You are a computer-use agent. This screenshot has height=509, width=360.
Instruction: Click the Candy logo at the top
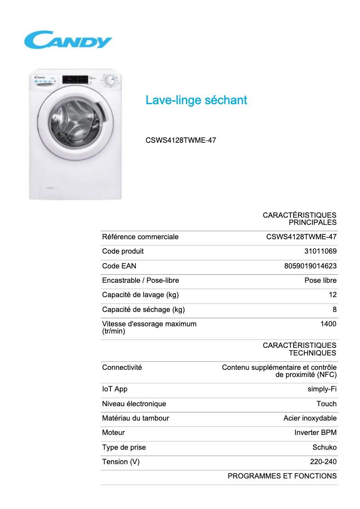tap(68, 40)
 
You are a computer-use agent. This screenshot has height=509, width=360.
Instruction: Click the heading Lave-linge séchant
tap(196, 100)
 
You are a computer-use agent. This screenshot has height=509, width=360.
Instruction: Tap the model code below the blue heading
tap(180, 140)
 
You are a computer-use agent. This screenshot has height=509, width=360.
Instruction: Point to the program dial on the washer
tap(109, 81)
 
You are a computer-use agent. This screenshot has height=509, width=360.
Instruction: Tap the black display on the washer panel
tap(76, 79)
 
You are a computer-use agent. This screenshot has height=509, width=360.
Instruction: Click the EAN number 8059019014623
tap(310, 266)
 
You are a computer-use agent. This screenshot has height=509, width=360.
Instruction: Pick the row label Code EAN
tap(119, 266)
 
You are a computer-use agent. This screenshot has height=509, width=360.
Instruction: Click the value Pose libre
tap(320, 281)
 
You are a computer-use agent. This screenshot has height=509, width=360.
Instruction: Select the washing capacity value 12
tap(332, 295)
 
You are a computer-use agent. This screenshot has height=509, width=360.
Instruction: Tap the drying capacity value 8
tap(334, 309)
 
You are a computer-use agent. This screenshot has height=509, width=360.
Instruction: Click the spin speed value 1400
tap(328, 324)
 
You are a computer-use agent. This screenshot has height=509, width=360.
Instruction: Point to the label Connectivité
tap(122, 367)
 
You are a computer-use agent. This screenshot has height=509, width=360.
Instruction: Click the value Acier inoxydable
tap(310, 418)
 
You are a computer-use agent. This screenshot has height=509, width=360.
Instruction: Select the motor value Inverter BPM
tap(315, 433)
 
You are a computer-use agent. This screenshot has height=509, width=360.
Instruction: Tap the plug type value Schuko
tap(324, 447)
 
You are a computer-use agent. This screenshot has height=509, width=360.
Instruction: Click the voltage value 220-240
tap(323, 461)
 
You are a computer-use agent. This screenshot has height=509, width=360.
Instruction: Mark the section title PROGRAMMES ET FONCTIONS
tap(282, 476)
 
